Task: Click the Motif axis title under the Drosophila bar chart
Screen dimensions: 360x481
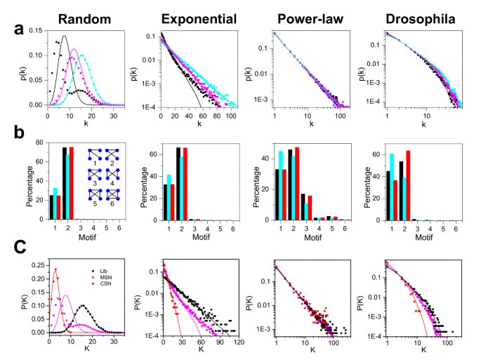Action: coord(421,239)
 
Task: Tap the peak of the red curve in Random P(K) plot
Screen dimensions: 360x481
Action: coord(55,269)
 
